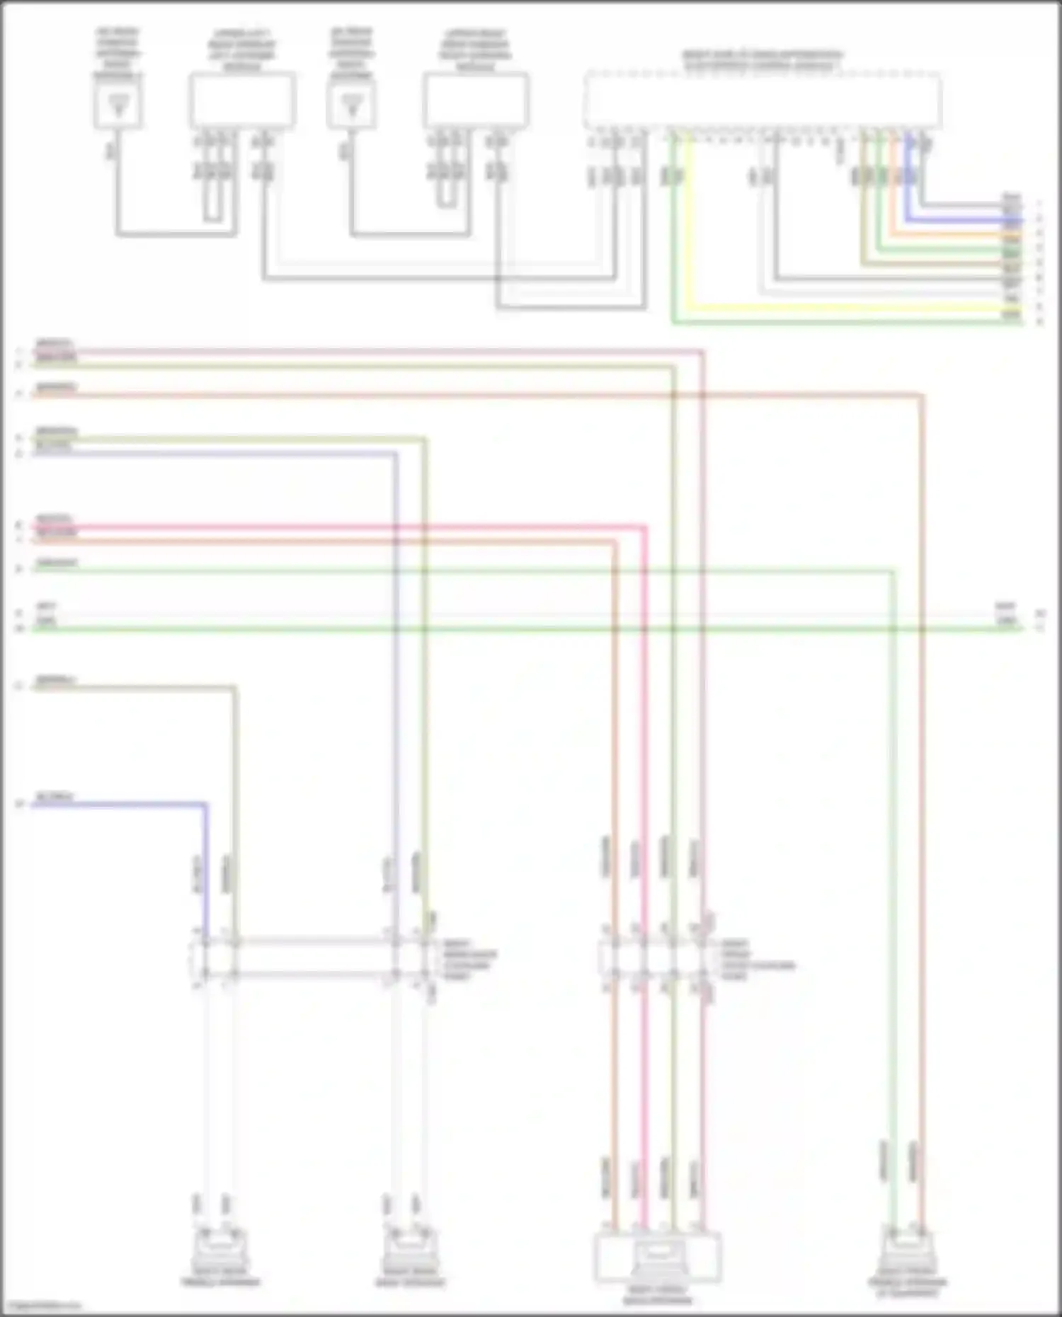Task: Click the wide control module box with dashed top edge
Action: pos(762,100)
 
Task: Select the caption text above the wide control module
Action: pos(762,59)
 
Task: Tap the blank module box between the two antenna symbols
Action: pos(241,100)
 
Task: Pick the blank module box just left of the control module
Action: pos(476,100)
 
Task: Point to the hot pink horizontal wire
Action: pos(354,527)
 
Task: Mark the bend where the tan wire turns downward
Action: pos(235,687)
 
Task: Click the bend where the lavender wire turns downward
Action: pos(395,454)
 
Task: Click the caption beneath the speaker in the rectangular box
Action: pos(658,1294)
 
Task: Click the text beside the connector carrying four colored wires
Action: pos(757,960)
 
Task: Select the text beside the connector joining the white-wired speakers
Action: pos(469,960)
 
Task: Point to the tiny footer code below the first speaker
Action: pos(41,1306)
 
